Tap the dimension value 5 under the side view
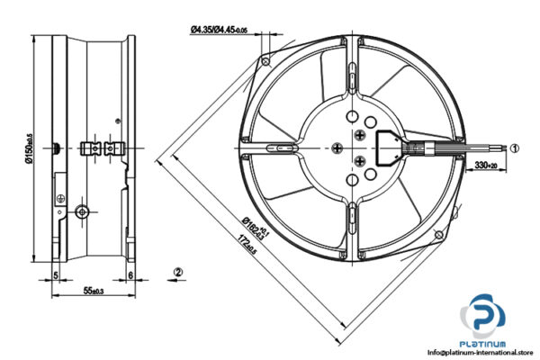[x=56, y=274]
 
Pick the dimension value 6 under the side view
[x=130, y=274]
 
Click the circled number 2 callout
[x=178, y=271]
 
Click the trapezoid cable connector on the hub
[x=388, y=147]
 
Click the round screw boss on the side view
[x=83, y=212]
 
